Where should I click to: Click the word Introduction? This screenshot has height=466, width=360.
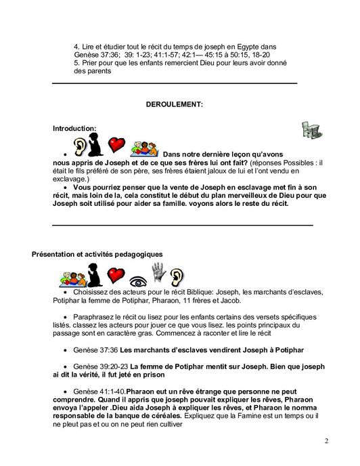click(74, 128)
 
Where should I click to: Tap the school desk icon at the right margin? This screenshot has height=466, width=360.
click(311, 129)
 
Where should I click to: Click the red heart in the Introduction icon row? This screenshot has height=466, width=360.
click(117, 145)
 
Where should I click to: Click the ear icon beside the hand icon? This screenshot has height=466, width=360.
click(176, 275)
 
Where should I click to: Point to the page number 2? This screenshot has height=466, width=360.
click(326, 442)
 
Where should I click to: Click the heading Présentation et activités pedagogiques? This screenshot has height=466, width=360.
click(97, 254)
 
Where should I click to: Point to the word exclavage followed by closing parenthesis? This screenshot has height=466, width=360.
click(72, 178)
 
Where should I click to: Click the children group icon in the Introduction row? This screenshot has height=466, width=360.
click(144, 147)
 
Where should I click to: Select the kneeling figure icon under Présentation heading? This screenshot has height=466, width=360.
click(93, 274)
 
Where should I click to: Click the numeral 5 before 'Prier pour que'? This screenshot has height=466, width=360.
click(76, 62)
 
